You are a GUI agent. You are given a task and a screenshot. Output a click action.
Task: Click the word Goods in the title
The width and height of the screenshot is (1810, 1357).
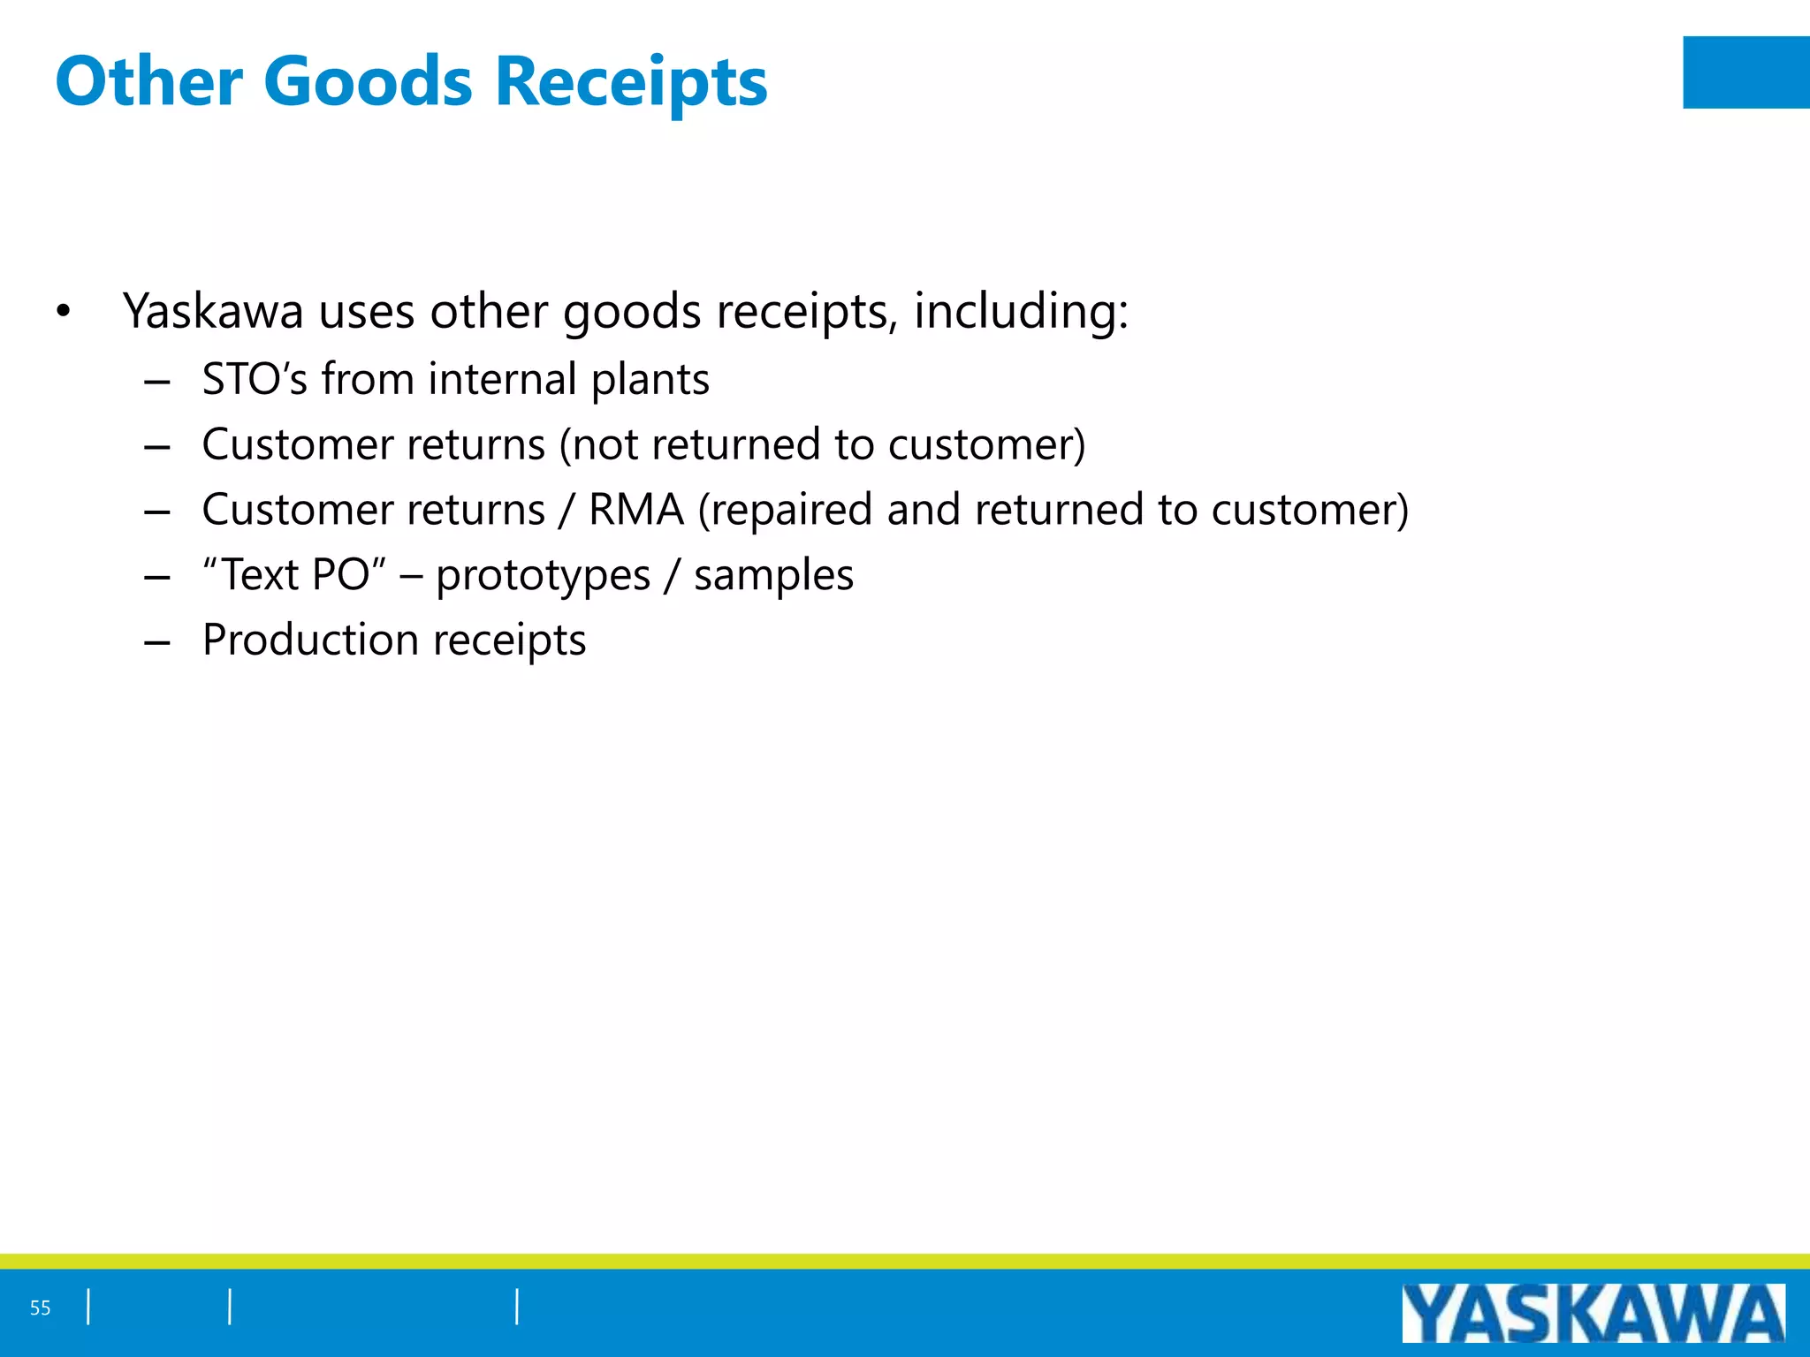(368, 81)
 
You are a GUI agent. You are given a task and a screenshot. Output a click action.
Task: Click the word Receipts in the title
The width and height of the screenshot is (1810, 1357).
(631, 81)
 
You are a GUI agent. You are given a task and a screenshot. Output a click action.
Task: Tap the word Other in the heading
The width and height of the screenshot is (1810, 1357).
(148, 81)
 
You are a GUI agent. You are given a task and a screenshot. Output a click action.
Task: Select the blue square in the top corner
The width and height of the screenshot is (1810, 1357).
(1745, 72)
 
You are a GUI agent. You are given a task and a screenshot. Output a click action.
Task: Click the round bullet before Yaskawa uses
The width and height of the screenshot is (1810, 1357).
(62, 312)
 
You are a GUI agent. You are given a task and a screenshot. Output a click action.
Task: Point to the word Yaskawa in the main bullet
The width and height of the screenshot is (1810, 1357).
(213, 312)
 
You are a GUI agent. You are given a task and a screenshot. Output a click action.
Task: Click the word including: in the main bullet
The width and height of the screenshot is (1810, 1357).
(1021, 312)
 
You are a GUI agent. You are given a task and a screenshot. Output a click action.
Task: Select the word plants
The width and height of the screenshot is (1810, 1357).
(650, 381)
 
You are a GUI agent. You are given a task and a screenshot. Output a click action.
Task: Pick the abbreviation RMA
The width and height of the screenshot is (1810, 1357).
(636, 510)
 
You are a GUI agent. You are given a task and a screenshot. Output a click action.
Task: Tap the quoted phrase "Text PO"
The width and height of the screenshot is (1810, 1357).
(294, 575)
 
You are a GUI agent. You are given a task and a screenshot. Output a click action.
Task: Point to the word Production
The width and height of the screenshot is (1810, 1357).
(309, 640)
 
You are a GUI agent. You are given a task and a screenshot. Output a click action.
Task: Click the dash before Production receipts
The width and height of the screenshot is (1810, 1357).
(157, 642)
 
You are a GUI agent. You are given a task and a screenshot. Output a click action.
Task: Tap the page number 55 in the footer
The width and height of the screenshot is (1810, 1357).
(41, 1308)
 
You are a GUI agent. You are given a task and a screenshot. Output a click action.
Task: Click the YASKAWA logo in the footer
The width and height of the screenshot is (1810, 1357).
(1593, 1314)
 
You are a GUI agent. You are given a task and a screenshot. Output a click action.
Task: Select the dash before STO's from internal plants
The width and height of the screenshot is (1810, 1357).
(157, 382)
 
